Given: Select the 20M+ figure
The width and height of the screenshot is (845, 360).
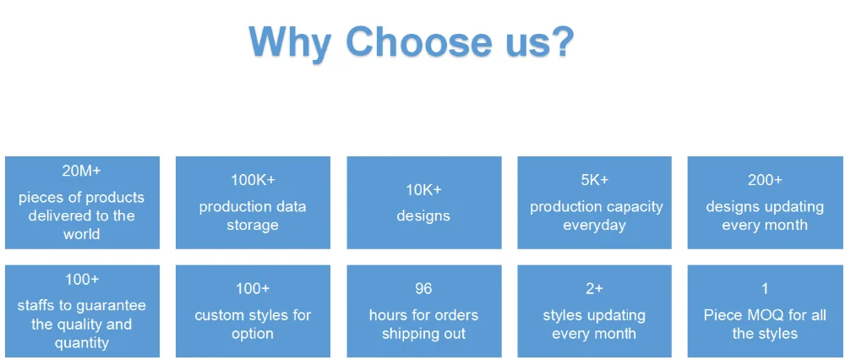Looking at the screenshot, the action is pyautogui.click(x=81, y=171).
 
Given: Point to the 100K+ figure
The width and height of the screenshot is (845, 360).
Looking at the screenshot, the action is pyautogui.click(x=253, y=180).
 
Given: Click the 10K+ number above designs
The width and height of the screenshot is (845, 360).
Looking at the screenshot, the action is pyautogui.click(x=423, y=189).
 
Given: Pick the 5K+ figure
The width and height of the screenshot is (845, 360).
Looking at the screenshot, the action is pyautogui.click(x=594, y=180).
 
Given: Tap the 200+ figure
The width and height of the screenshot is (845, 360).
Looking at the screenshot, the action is pyautogui.click(x=765, y=180).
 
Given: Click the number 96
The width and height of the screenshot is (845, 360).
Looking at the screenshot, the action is pyautogui.click(x=423, y=289).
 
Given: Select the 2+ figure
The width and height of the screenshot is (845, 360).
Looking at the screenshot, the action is pyautogui.click(x=594, y=289).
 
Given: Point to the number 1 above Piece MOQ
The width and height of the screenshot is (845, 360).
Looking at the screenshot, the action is pyautogui.click(x=765, y=289).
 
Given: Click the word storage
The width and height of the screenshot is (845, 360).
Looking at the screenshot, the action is pyautogui.click(x=253, y=226).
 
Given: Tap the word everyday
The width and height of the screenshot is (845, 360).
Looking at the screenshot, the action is pyautogui.click(x=594, y=226).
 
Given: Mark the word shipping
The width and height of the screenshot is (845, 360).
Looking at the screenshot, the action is pyautogui.click(x=410, y=334).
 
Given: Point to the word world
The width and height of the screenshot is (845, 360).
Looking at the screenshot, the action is pyautogui.click(x=81, y=234).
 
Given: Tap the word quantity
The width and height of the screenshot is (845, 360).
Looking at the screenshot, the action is pyautogui.click(x=81, y=343).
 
